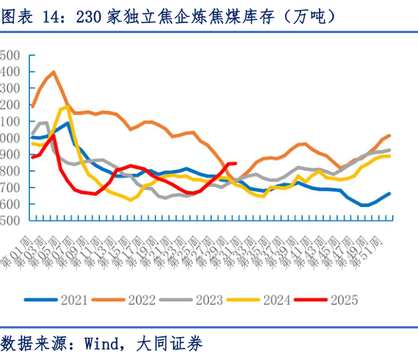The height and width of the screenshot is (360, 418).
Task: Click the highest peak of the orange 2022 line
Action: pos(53,72)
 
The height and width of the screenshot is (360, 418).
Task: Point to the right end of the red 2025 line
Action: pos(234,163)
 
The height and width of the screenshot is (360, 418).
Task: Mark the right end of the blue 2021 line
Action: pos(390,194)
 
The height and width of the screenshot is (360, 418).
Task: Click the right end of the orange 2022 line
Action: pos(390,135)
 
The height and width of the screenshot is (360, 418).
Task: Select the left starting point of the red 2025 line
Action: pos(32,158)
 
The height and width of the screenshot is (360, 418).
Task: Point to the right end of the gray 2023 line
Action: pos(390,150)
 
